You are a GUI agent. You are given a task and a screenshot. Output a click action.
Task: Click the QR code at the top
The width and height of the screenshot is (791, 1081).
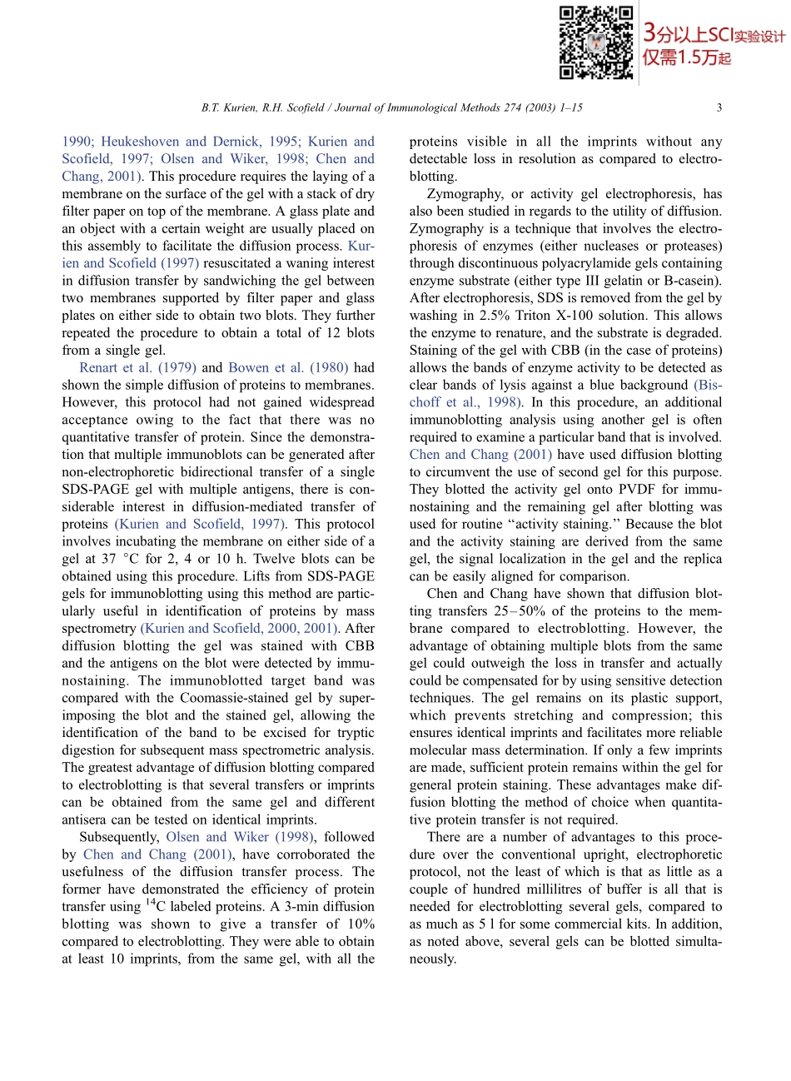point(595,42)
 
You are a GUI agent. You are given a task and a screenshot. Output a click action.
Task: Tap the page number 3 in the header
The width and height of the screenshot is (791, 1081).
point(719,107)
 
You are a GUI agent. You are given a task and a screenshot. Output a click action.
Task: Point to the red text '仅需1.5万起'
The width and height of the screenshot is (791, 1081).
point(686,57)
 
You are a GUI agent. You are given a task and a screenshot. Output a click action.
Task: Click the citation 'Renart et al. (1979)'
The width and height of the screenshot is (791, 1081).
point(138,367)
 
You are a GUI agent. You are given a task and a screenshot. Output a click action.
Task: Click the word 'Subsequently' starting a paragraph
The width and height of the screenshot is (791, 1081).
point(118,837)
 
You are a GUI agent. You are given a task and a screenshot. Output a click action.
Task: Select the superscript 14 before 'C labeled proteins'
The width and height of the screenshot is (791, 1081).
point(151,903)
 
